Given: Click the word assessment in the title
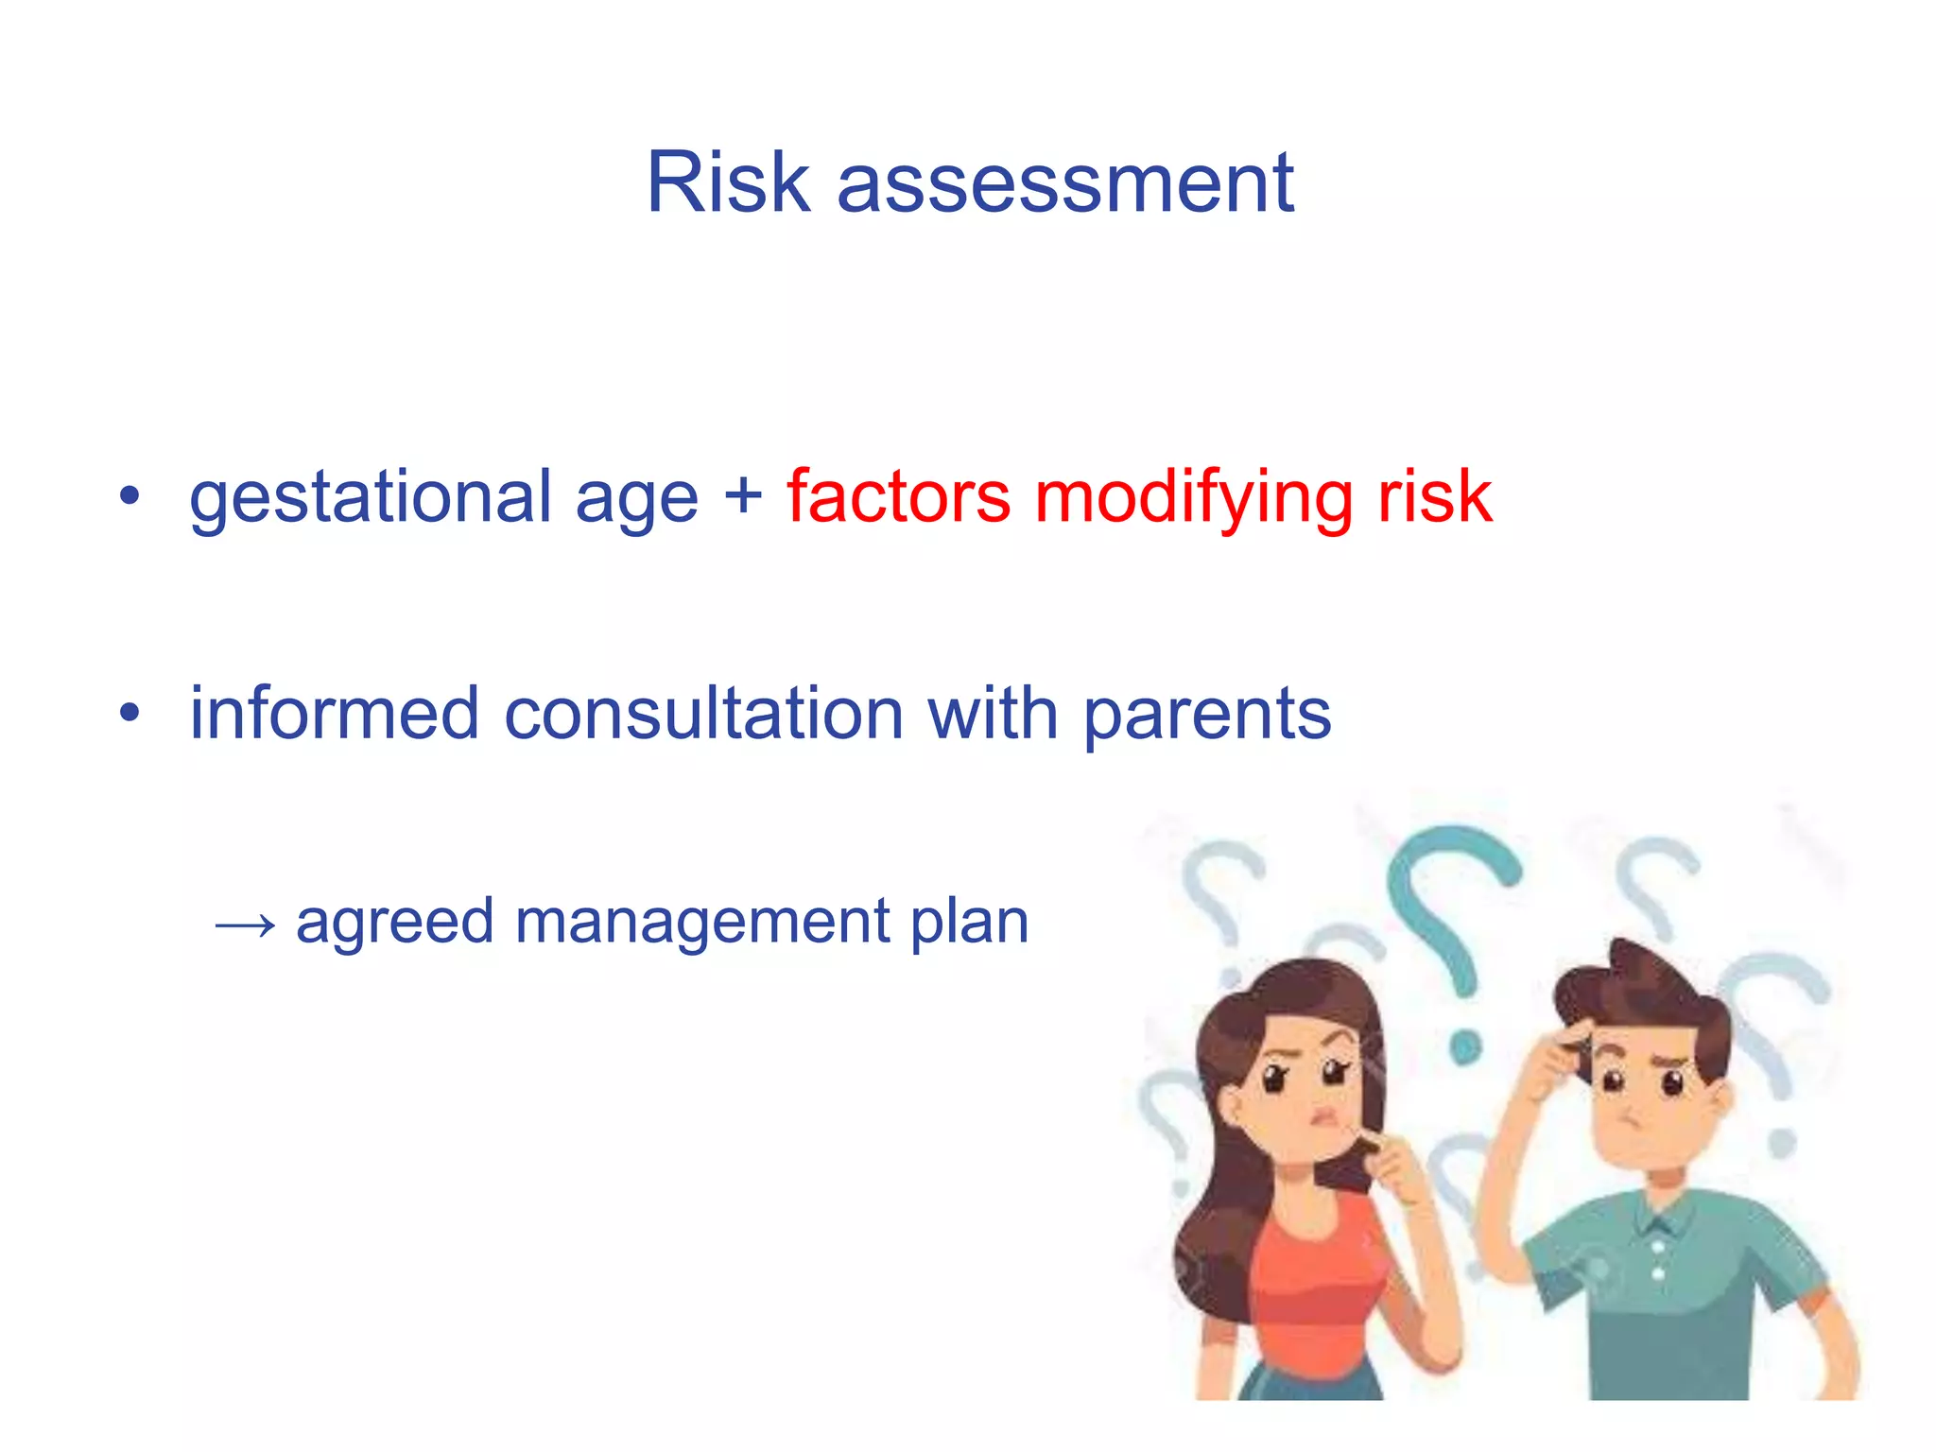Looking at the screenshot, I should [x=1064, y=184].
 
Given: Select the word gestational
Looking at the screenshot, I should [x=370, y=498].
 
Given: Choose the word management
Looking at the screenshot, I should [x=702, y=923].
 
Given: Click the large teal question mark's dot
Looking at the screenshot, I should [x=1464, y=1046].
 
